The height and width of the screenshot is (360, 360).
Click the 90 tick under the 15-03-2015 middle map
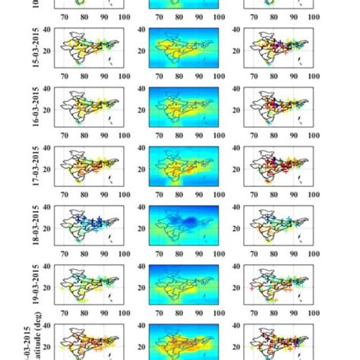(200, 77)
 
